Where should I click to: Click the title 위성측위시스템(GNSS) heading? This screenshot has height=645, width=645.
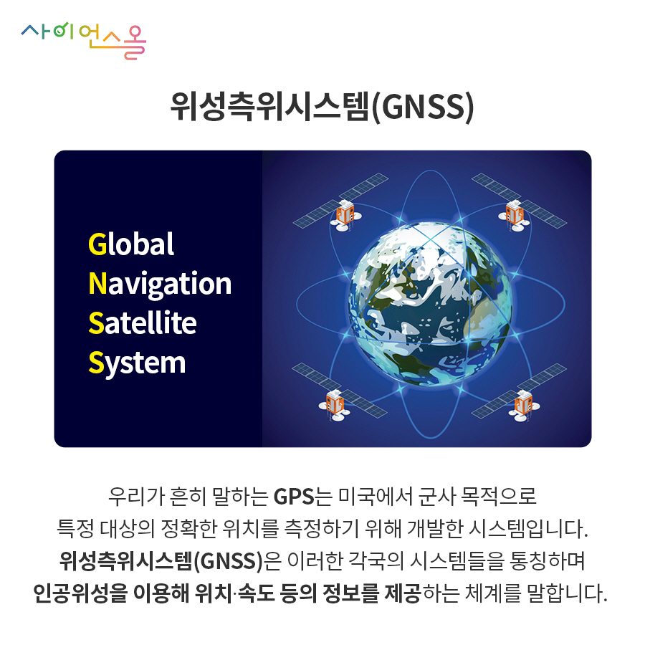(x=322, y=107)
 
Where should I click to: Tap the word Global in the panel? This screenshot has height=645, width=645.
(x=131, y=244)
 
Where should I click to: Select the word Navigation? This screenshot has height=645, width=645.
(x=160, y=284)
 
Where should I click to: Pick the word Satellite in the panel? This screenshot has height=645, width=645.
(x=143, y=323)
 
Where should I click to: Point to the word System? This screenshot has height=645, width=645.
(x=137, y=363)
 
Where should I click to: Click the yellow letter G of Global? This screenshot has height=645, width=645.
(x=97, y=244)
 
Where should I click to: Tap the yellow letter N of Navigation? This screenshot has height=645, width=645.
(x=98, y=283)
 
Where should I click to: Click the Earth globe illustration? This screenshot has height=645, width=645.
(x=430, y=305)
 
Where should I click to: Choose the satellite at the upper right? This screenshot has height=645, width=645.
(x=519, y=202)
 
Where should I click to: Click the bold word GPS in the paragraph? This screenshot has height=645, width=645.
(x=294, y=497)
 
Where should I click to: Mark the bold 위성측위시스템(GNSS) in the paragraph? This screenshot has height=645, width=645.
(x=161, y=561)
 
